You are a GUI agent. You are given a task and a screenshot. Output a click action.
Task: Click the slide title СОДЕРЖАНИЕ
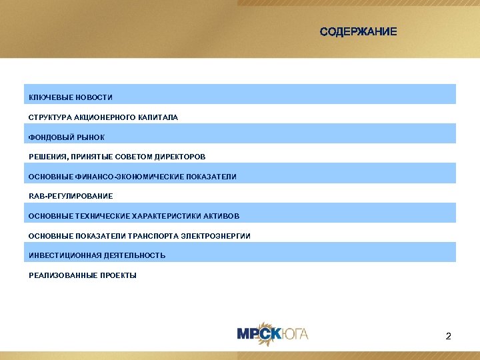click(358, 31)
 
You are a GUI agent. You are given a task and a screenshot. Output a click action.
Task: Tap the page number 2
click(448, 336)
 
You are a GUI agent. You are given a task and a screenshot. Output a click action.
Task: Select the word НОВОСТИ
click(94, 98)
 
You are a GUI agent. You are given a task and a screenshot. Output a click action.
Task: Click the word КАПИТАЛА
click(159, 117)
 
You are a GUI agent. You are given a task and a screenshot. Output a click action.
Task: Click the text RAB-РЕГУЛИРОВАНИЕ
click(71, 196)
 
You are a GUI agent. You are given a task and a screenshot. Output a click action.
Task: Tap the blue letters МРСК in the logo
click(254, 333)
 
